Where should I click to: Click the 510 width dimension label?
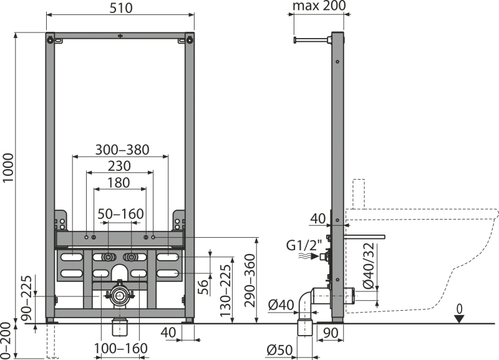tap(121, 8)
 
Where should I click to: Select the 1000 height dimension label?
tap(8, 168)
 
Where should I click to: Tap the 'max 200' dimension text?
tap(319, 6)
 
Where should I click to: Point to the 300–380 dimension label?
tap(122, 150)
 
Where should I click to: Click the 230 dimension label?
tap(119, 166)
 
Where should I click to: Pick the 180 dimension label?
tap(119, 183)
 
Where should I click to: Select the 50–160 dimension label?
tap(120, 214)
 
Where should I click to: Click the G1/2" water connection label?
tap(304, 245)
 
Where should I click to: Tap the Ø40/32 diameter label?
tap(369, 265)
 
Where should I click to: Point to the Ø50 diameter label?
tap(279, 350)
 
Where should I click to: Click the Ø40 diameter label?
tap(281, 305)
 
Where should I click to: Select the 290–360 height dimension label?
tap(250, 280)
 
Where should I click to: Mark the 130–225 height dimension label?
tap(225, 291)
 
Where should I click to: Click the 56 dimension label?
tap(203, 287)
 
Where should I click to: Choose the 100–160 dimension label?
tap(120, 349)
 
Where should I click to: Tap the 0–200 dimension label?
tap(6, 341)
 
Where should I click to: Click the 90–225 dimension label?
tap(26, 298)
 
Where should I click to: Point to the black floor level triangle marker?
tap(459, 319)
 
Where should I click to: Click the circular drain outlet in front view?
tap(120, 296)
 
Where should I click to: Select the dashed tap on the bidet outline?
tap(359, 194)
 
